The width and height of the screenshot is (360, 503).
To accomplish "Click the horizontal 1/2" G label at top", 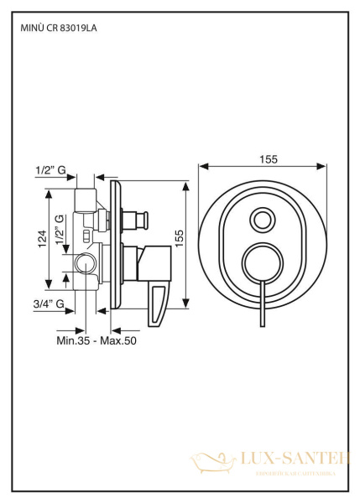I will click(50, 170).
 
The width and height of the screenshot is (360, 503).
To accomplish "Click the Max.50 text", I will click(118, 340).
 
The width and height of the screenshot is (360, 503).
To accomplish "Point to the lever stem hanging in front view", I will click(263, 305).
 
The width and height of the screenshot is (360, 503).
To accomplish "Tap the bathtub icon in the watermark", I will click(207, 462).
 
